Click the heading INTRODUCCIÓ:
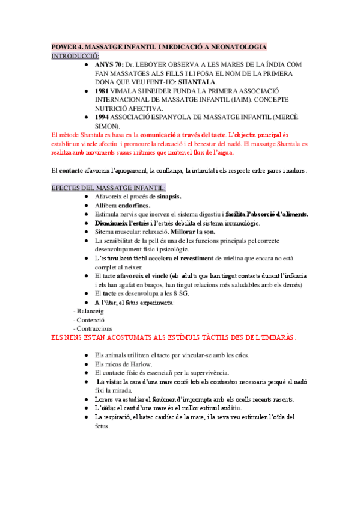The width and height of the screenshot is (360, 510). [x=75, y=55]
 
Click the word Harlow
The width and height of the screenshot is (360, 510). [x=138, y=364]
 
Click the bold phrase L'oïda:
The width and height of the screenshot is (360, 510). [x=107, y=408]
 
